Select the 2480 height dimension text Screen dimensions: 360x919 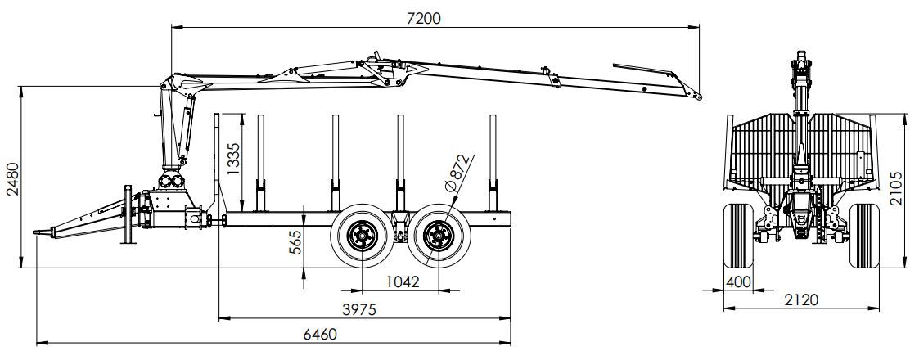(x=11, y=179)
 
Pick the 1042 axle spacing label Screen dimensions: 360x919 (x=401, y=281)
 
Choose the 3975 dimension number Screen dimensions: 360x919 (x=363, y=308)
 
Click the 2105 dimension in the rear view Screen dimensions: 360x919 (x=897, y=189)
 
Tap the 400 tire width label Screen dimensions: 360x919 (x=738, y=282)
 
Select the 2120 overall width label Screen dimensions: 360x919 (x=801, y=300)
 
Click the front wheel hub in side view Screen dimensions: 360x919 (x=360, y=237)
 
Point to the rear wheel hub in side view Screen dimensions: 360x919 (x=437, y=237)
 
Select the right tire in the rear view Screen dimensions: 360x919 (x=864, y=236)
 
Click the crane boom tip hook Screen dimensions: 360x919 (x=698, y=97)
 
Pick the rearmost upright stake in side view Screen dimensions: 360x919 (x=494, y=164)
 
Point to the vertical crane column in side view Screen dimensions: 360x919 (x=173, y=131)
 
